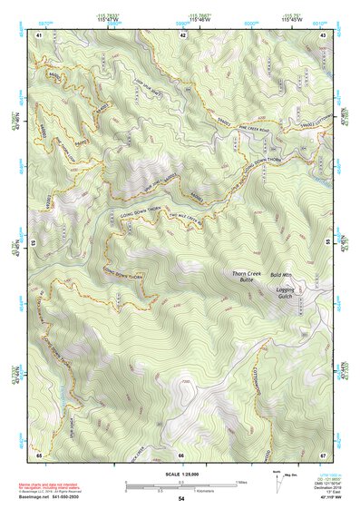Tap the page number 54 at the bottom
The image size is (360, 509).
coord(181,499)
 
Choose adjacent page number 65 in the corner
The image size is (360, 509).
coord(39,454)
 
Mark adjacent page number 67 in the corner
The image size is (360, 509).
coord(324,454)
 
